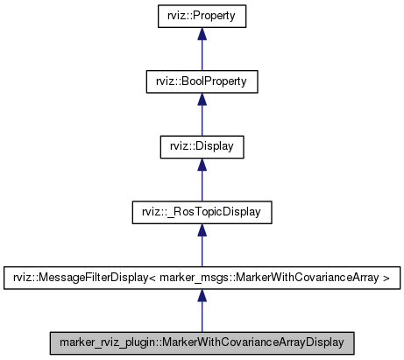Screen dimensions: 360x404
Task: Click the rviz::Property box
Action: click(202, 16)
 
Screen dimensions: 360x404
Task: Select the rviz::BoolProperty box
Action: click(202, 81)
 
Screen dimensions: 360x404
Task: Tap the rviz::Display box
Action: click(202, 146)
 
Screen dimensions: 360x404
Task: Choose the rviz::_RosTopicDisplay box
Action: click(202, 211)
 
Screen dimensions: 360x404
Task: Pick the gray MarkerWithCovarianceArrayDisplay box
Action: click(202, 342)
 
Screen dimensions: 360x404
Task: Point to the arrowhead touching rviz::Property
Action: click(202, 34)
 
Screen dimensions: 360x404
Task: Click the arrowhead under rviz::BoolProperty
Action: click(202, 99)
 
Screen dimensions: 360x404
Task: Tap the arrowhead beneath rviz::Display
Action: click(202, 164)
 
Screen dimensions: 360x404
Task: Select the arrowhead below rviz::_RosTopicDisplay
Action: click(202, 229)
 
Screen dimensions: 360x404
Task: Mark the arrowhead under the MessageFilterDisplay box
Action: click(202, 294)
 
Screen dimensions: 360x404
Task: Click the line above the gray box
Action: click(202, 316)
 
